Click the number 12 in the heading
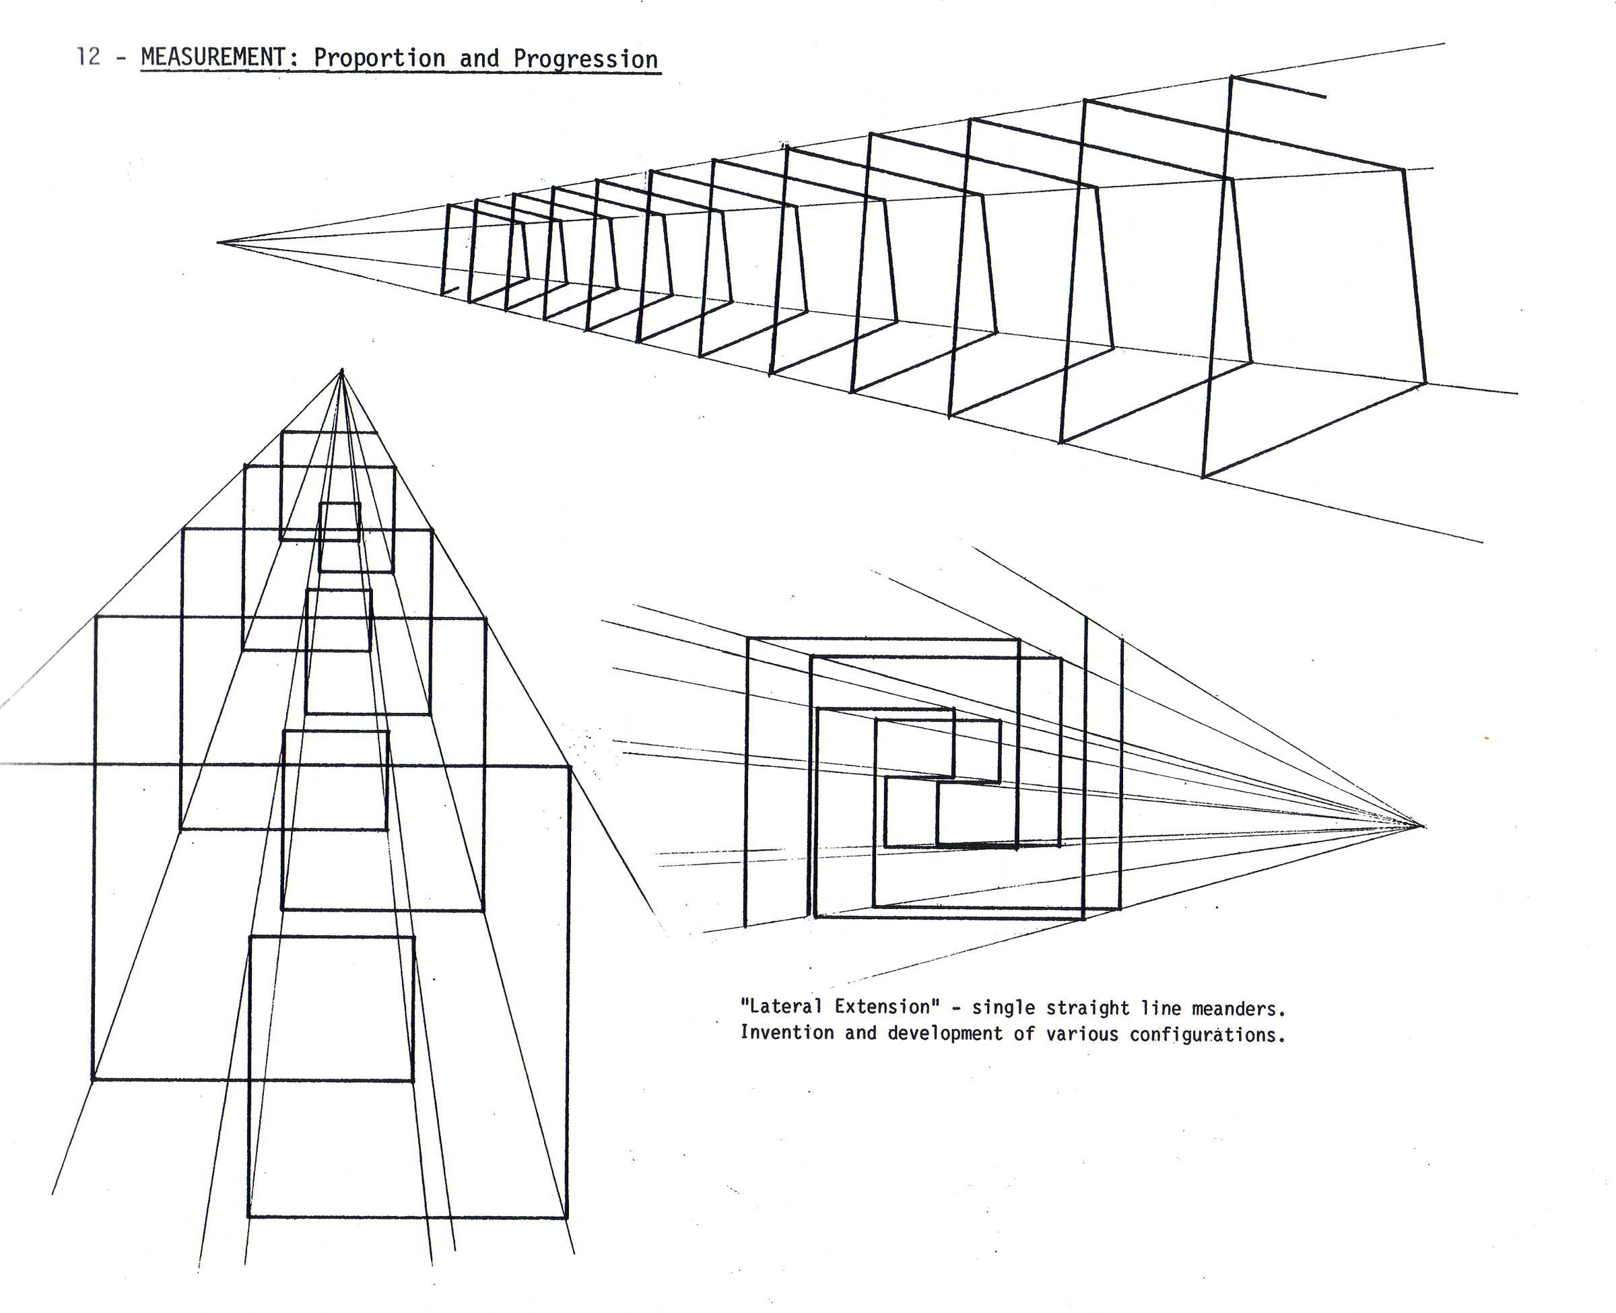point(88,56)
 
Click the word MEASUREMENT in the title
point(213,57)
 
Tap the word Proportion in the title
point(380,58)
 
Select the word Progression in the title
point(585,59)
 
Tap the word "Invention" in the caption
point(786,1032)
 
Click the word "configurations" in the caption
point(1207,1034)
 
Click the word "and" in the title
point(479,58)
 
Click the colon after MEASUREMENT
point(294,60)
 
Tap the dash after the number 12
point(121,57)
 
